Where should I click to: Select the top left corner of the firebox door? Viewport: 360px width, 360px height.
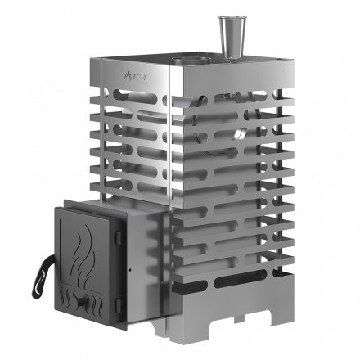(x=56, y=209)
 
